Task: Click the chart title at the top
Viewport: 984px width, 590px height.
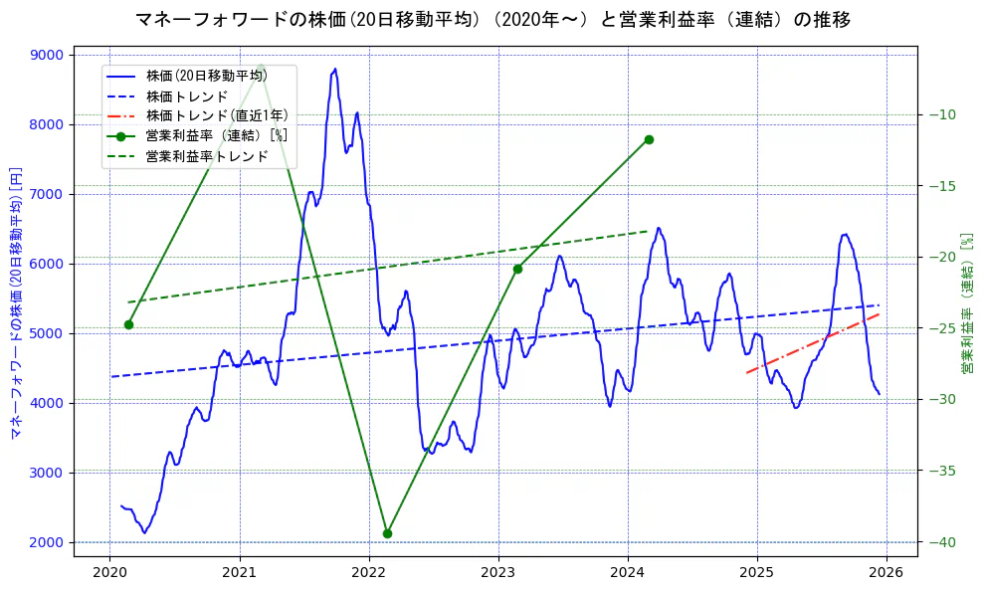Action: (x=492, y=19)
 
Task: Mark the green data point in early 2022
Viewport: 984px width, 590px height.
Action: (x=387, y=533)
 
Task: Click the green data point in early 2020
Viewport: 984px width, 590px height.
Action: (x=128, y=324)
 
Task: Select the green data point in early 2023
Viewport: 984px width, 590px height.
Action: (x=517, y=269)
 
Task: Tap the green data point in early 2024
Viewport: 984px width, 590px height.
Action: (x=649, y=139)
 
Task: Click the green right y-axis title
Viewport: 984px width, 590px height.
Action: (x=966, y=303)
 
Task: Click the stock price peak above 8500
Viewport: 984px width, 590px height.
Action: (x=335, y=70)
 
